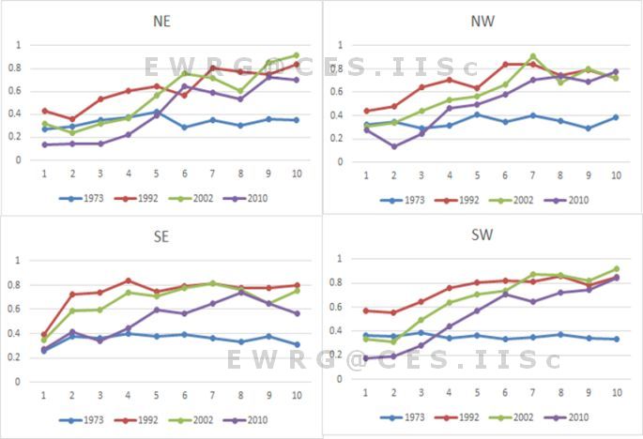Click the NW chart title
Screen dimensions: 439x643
click(x=481, y=20)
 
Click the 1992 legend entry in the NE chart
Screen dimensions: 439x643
click(x=132, y=199)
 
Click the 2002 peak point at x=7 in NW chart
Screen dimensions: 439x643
click(x=533, y=56)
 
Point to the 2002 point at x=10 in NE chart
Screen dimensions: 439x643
click(x=296, y=55)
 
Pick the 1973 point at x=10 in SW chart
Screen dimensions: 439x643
click(x=617, y=340)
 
